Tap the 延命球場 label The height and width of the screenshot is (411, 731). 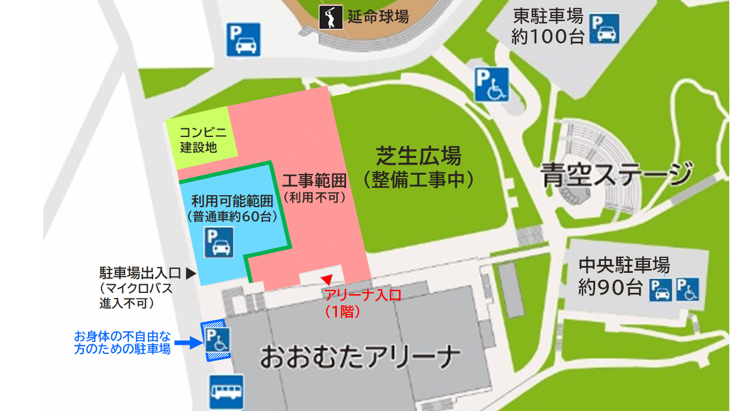click(x=378, y=17)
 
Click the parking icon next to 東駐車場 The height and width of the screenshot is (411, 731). click(x=604, y=29)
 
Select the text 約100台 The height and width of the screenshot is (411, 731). click(x=548, y=37)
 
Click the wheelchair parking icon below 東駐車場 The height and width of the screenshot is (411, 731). click(x=491, y=84)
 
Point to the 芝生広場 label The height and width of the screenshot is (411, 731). click(x=419, y=155)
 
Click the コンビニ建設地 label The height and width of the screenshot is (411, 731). click(x=203, y=140)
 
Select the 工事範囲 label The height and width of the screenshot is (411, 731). click(x=315, y=181)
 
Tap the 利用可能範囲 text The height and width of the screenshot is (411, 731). click(x=232, y=201)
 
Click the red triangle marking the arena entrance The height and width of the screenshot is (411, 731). click(x=327, y=279)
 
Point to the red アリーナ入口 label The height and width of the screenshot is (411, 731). click(x=363, y=295)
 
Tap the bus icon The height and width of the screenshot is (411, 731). click(x=226, y=392)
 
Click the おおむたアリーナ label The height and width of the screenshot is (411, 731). click(x=360, y=357)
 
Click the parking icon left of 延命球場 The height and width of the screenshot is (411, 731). click(x=243, y=39)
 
